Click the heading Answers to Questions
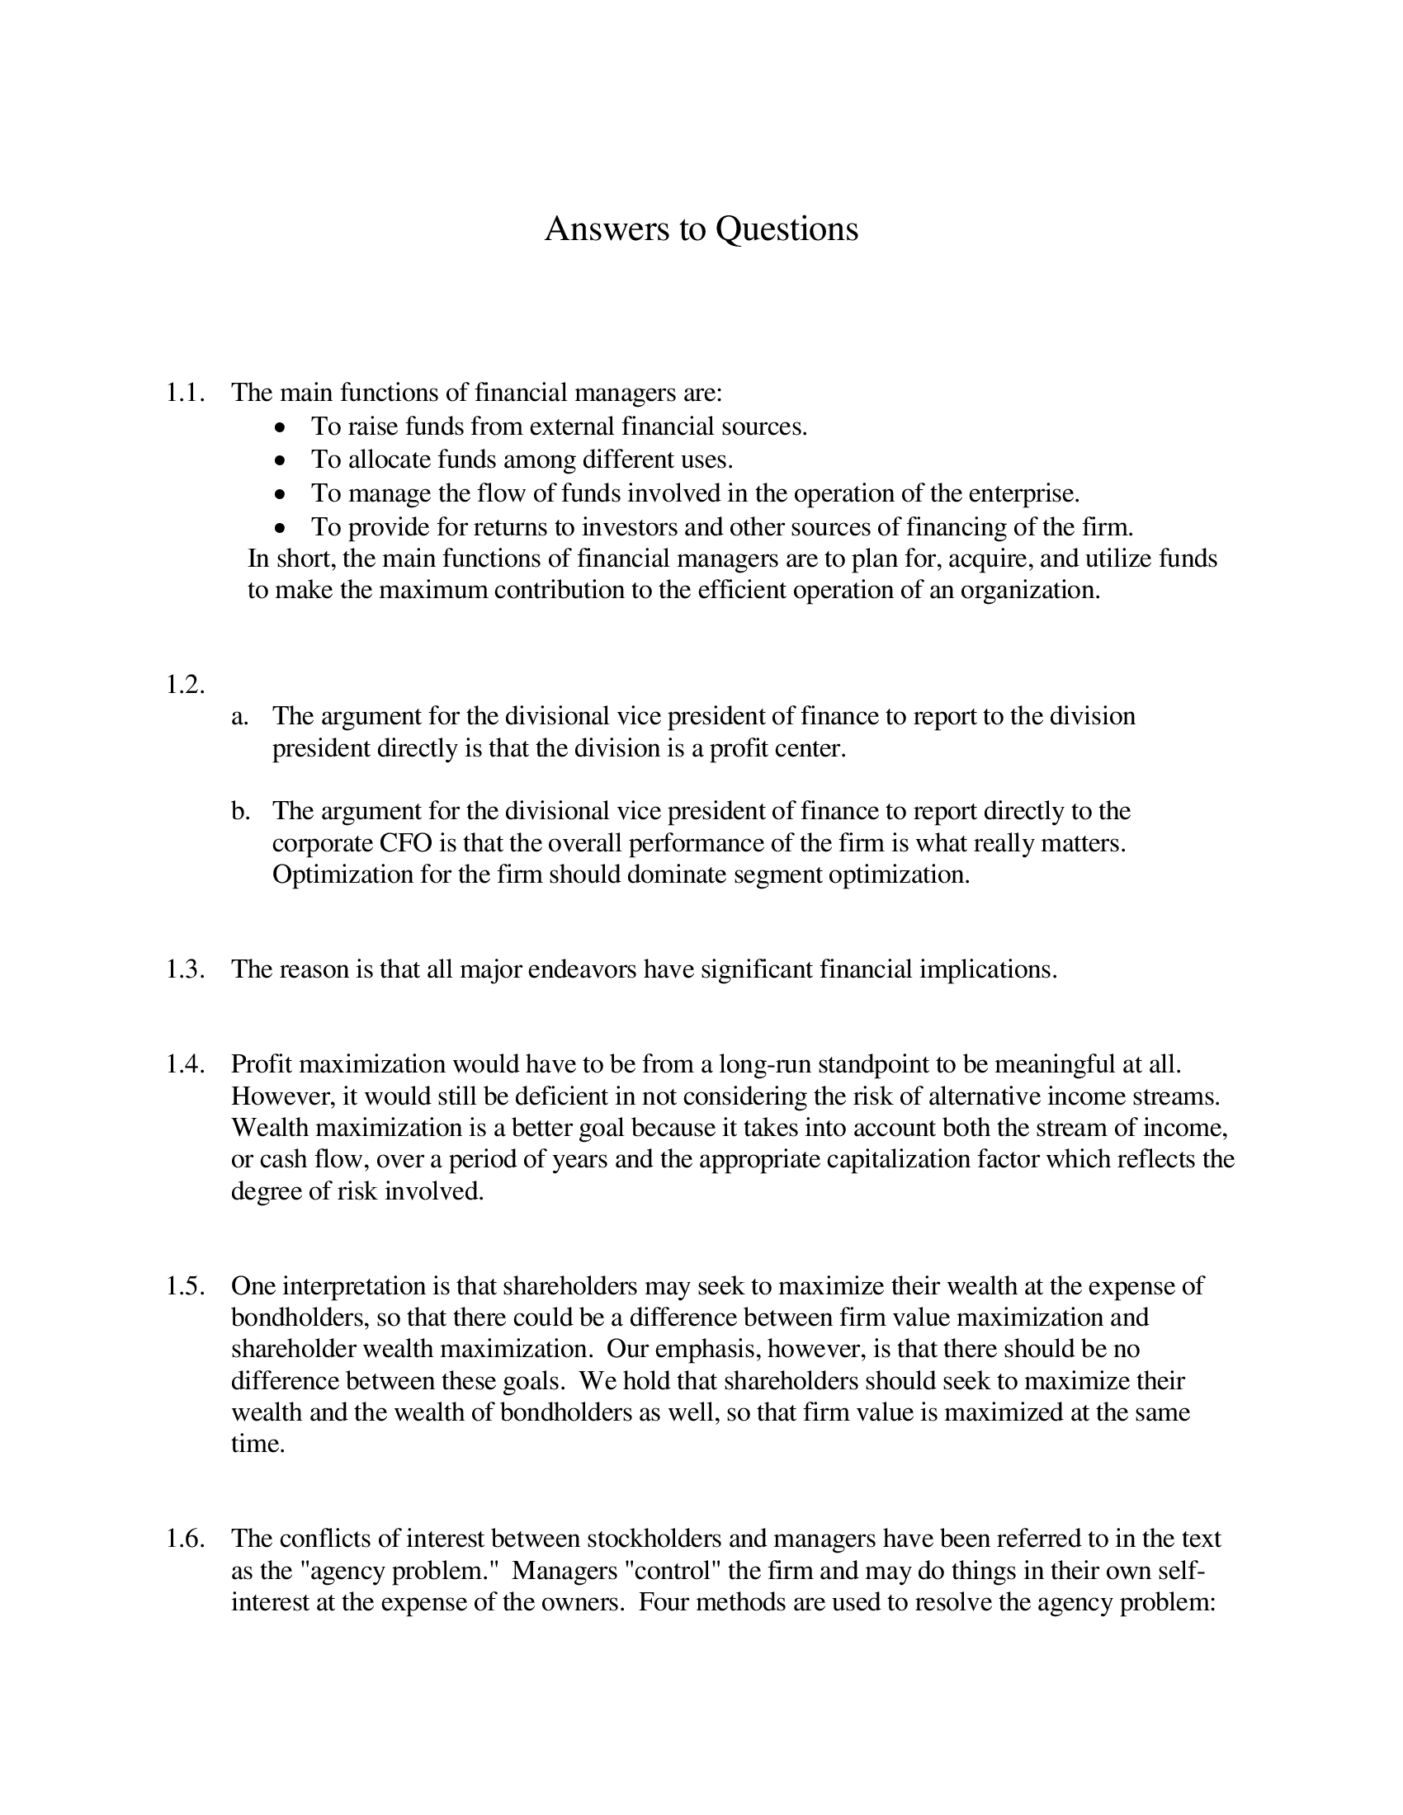tap(701, 229)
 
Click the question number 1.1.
tap(185, 392)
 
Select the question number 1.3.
tap(185, 969)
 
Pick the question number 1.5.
tap(185, 1285)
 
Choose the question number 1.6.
tap(185, 1539)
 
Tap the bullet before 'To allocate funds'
tap(281, 461)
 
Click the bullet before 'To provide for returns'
tap(281, 529)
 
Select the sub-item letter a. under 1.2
tap(239, 716)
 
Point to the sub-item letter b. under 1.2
tap(240, 811)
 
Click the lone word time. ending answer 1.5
tap(257, 1444)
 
